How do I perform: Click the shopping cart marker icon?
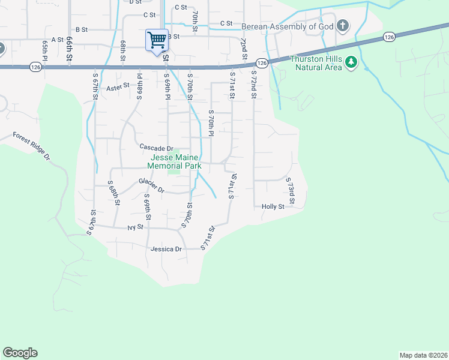pyautogui.click(x=157, y=40)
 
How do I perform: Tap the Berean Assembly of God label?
pyautogui.click(x=288, y=26)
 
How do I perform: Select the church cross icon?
pyautogui.click(x=343, y=25)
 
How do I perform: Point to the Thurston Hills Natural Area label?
pyautogui.click(x=316, y=63)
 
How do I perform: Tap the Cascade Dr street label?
pyautogui.click(x=156, y=148)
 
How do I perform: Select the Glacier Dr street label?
pyautogui.click(x=151, y=185)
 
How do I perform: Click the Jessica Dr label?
pyautogui.click(x=166, y=249)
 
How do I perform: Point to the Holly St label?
pyautogui.click(x=273, y=206)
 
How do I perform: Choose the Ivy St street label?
pyautogui.click(x=136, y=227)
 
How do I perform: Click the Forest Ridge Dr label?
pyautogui.click(x=32, y=145)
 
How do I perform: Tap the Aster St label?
pyautogui.click(x=118, y=86)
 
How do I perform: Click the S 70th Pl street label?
pyautogui.click(x=211, y=123)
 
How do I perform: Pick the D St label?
pyautogui.click(x=135, y=2)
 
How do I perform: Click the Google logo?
pyautogui.click(x=20, y=353)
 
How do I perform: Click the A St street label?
pyautogui.click(x=58, y=40)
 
